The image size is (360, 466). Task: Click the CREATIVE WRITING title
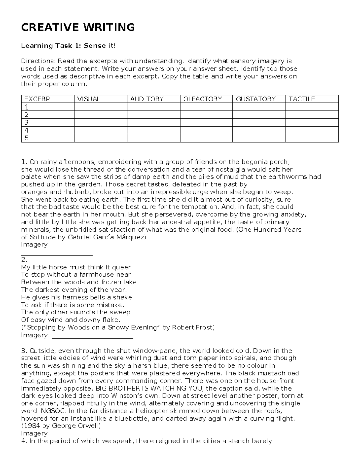(x=78, y=27)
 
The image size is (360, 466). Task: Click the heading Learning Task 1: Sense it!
(x=68, y=46)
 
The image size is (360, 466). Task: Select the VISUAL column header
(x=89, y=99)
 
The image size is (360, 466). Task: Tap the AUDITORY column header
(x=147, y=99)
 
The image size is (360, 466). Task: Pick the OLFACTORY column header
(x=202, y=99)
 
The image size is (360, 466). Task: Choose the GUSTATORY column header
(x=256, y=99)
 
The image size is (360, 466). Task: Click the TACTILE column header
(x=301, y=99)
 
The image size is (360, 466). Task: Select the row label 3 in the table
(x=26, y=122)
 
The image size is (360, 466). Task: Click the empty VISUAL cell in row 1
(x=100, y=107)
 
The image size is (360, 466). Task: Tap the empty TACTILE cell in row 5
(x=312, y=138)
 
